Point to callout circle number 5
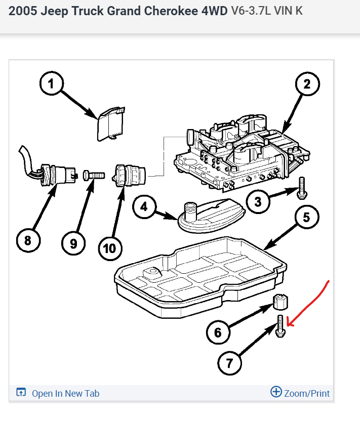[306, 218]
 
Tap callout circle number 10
[110, 248]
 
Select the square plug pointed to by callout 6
[279, 301]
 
